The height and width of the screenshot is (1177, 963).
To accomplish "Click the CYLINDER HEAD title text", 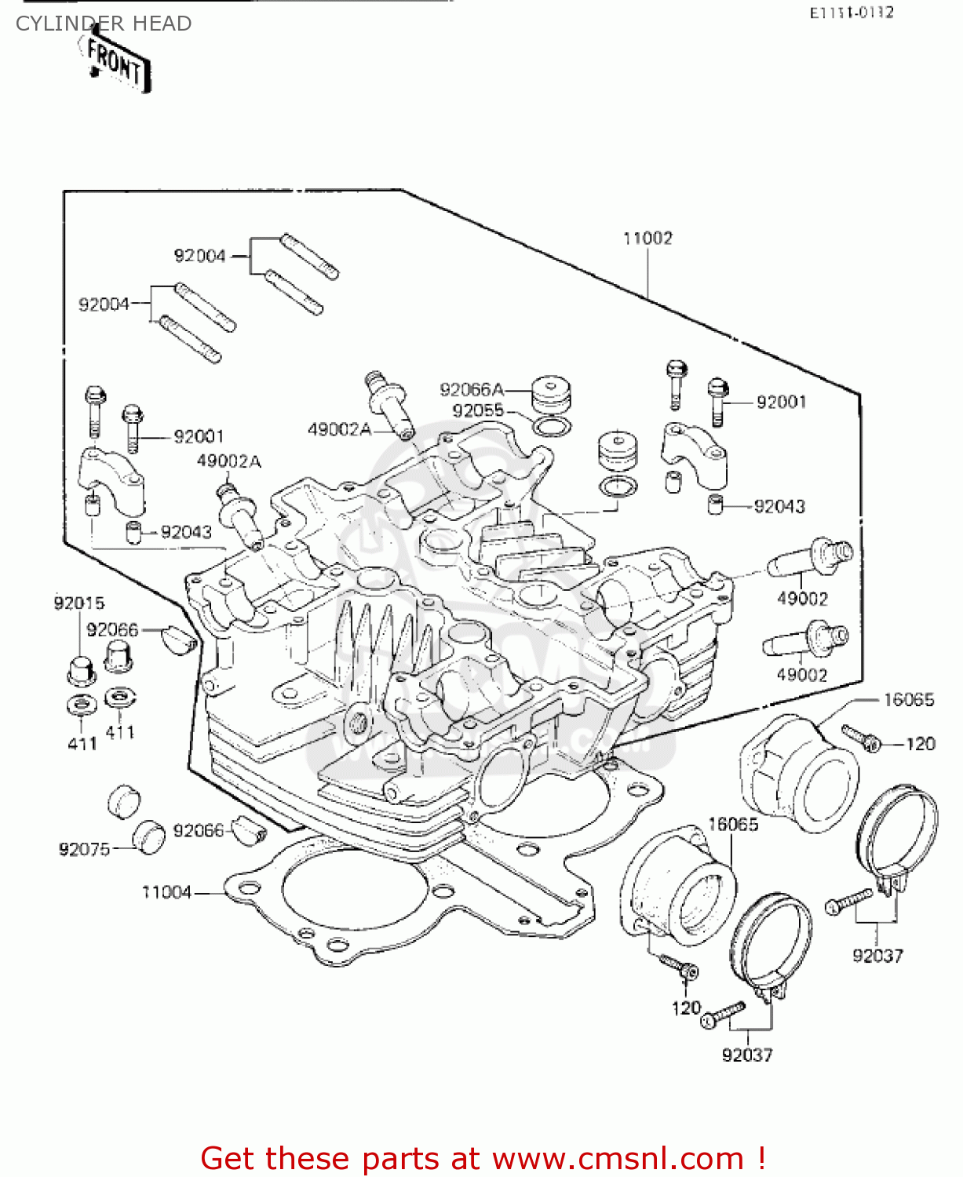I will click(104, 24).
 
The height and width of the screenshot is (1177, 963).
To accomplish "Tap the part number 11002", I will click(647, 239).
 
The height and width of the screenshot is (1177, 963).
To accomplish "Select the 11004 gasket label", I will click(166, 892).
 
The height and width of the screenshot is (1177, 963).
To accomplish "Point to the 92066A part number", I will click(471, 390).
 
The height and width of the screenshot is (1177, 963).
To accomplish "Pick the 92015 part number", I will click(78, 603).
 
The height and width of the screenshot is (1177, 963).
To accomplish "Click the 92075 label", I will click(84, 849).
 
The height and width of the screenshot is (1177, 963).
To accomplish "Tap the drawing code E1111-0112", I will click(852, 13).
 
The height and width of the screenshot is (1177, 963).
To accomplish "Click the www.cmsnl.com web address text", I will click(618, 1158).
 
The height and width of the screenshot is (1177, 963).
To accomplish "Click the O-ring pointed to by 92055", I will click(553, 426).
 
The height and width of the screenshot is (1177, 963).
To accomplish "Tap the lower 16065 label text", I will click(733, 825).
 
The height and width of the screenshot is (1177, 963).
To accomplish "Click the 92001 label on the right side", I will click(781, 403).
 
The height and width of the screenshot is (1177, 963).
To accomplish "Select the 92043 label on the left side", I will click(186, 533).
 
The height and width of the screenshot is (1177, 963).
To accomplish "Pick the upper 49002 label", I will click(802, 599).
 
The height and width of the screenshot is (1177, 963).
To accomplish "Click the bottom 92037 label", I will click(747, 1055).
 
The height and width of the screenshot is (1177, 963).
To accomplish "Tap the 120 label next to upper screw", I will click(920, 744).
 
